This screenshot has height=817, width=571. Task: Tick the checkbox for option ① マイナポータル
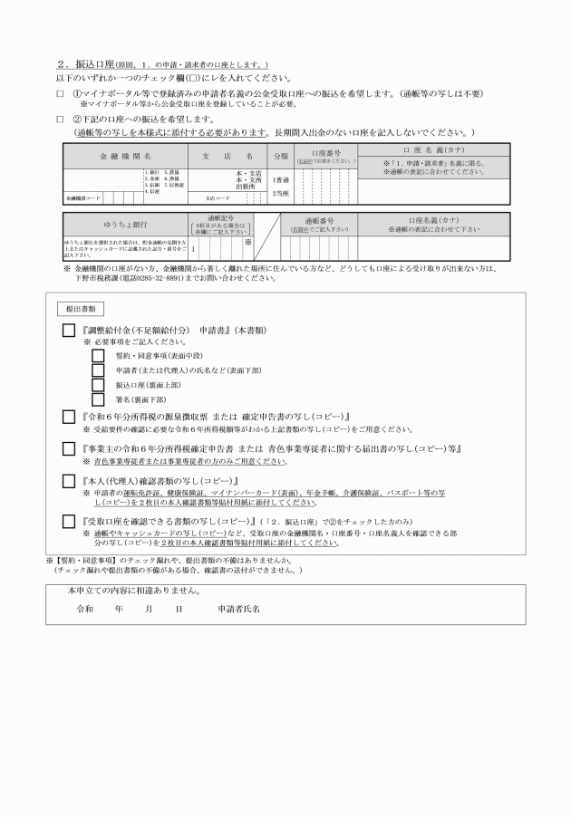60,93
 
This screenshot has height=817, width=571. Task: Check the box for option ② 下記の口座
60,119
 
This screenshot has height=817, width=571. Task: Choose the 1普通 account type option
281,179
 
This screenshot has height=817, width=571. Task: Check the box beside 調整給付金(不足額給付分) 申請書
69,331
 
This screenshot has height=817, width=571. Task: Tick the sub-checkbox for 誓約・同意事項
98,356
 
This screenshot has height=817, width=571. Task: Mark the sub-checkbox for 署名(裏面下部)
98,399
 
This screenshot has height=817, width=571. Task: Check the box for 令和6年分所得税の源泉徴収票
69,417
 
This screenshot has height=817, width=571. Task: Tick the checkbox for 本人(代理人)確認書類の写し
69,480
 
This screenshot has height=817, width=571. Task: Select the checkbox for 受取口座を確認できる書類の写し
69,522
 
